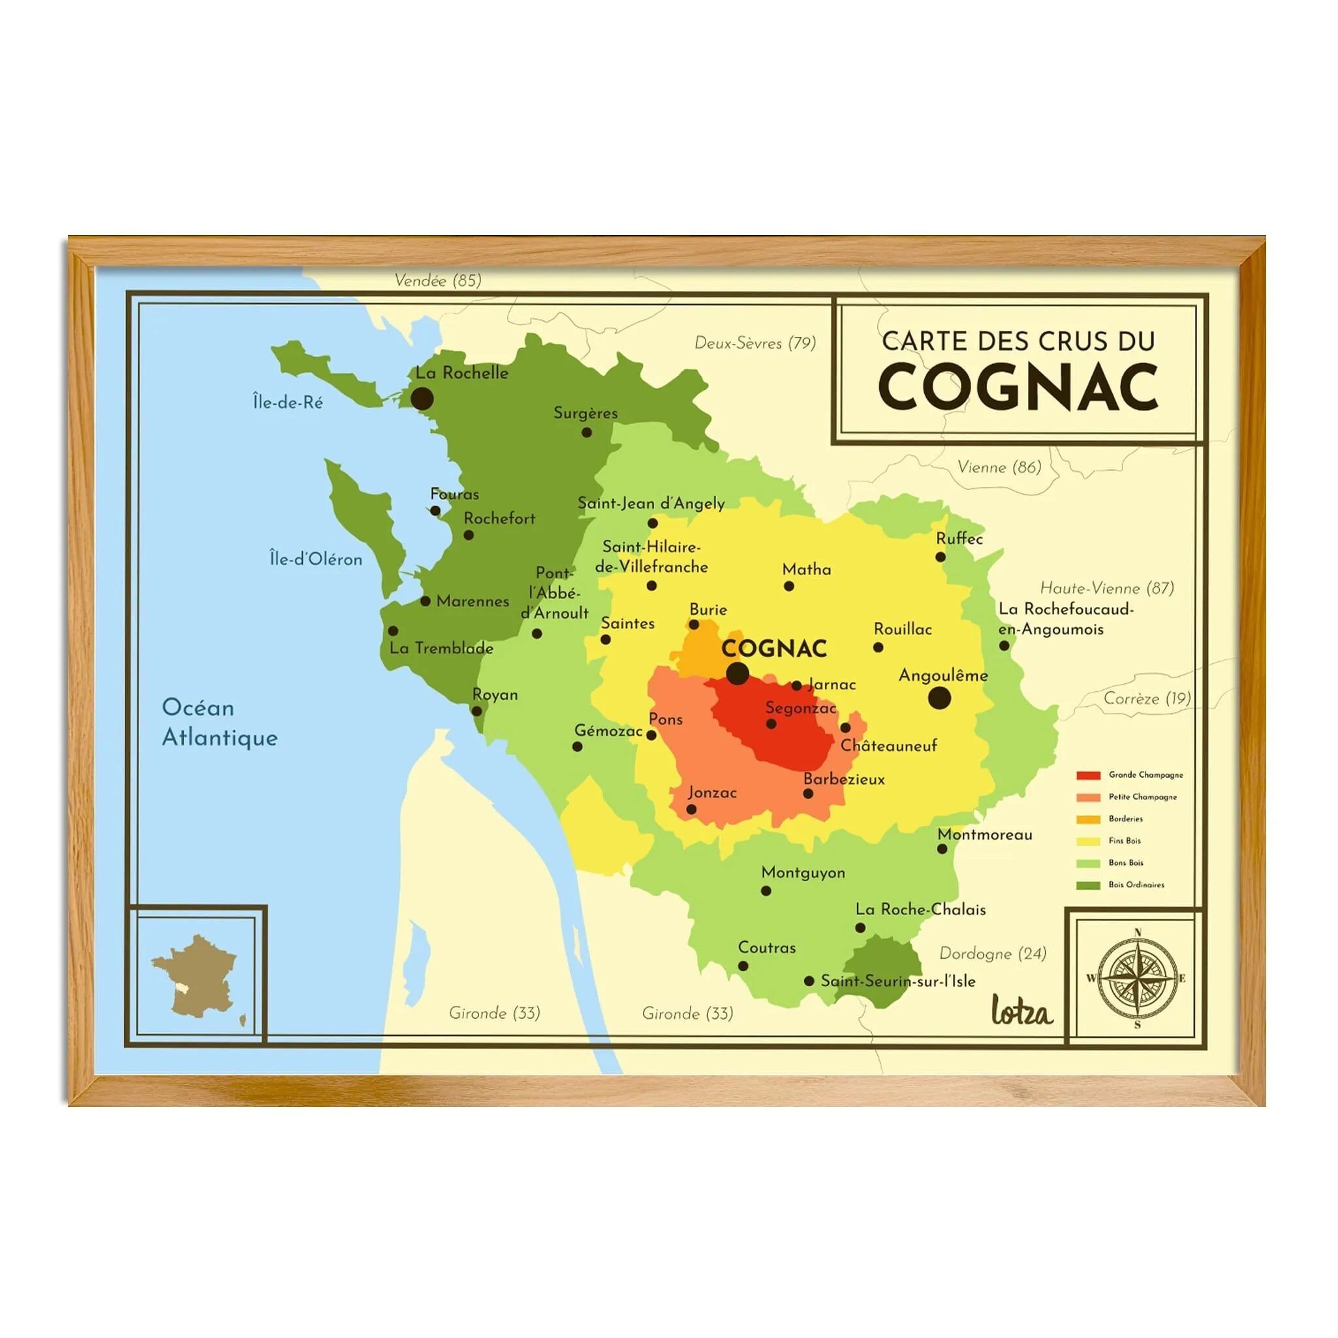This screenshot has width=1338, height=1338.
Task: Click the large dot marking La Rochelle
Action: point(422,399)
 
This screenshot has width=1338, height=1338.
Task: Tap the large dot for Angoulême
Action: point(939,698)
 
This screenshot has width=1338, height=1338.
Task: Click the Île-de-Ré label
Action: point(287,402)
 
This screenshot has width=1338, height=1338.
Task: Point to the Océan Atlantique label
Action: point(219,723)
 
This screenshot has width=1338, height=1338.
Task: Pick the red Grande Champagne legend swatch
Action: point(1088,775)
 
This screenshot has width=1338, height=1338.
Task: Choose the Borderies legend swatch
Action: point(1088,819)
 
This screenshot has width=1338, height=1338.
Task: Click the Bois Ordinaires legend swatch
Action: point(1088,885)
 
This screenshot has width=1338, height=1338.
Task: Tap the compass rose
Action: point(1137,978)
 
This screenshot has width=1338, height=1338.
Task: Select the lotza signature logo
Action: point(1021,1012)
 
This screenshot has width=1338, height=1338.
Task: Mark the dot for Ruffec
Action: point(940,557)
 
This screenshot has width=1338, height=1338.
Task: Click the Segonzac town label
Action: point(801,708)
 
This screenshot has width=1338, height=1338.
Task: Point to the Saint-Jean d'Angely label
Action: point(651,503)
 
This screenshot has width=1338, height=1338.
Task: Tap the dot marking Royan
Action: point(476,711)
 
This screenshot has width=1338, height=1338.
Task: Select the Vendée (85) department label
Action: point(438,281)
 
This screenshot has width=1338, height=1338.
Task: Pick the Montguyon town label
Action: point(803,873)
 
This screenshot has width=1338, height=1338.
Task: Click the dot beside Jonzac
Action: point(691,809)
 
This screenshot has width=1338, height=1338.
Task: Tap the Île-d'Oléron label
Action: point(316,559)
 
